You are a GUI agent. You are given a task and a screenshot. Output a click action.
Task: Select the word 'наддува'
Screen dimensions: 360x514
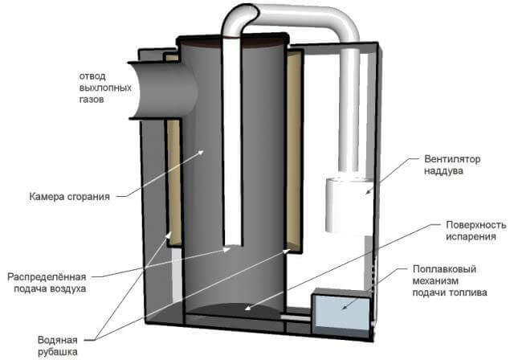click(x=440, y=171)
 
